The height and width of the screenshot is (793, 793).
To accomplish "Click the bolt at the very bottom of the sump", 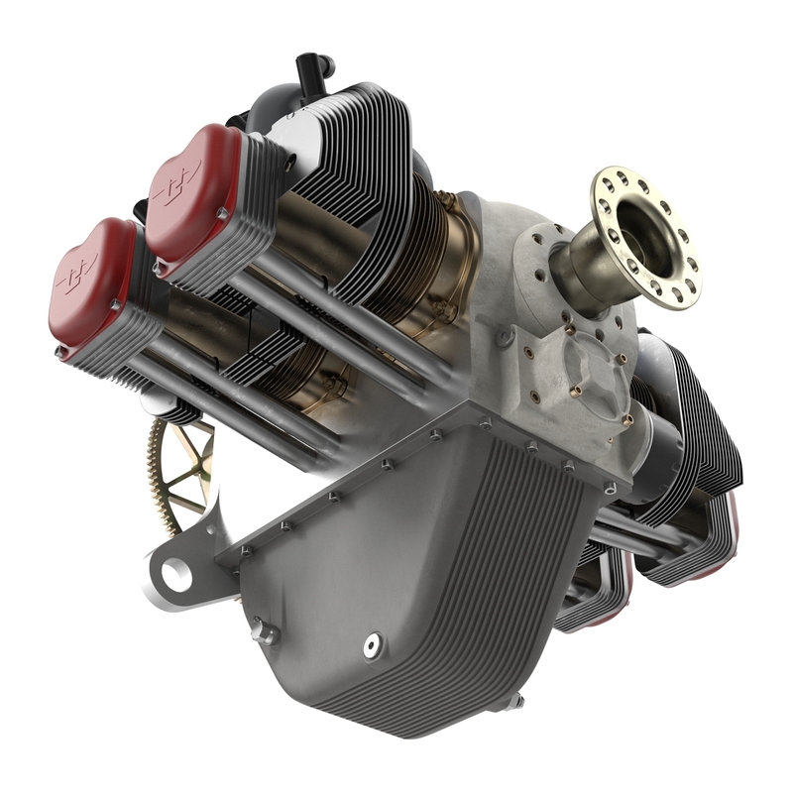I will click(x=516, y=703).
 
